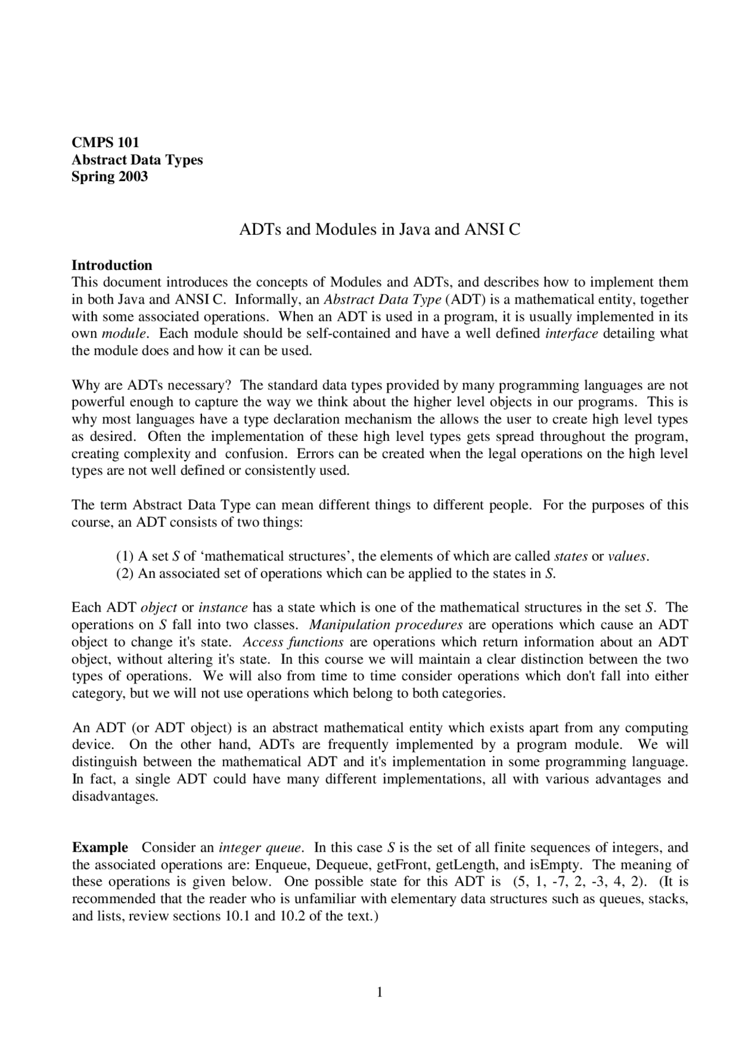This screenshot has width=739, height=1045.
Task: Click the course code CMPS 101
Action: [x=105, y=142]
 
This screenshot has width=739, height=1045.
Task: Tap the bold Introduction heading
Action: [x=111, y=265]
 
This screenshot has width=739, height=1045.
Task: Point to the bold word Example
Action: [x=100, y=847]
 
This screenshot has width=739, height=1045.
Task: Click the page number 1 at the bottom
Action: [x=380, y=992]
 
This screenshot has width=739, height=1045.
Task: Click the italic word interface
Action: [x=571, y=333]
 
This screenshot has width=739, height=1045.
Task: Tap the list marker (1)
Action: [x=125, y=556]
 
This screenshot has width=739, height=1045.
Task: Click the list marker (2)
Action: [x=125, y=573]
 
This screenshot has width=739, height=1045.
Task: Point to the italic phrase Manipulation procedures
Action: [x=386, y=624]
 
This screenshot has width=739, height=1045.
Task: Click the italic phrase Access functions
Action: [x=293, y=642]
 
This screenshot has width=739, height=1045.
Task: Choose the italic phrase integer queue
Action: [x=260, y=847]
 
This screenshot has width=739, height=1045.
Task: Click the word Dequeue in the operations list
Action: [x=344, y=864]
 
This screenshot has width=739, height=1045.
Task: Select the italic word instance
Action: [x=223, y=607]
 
